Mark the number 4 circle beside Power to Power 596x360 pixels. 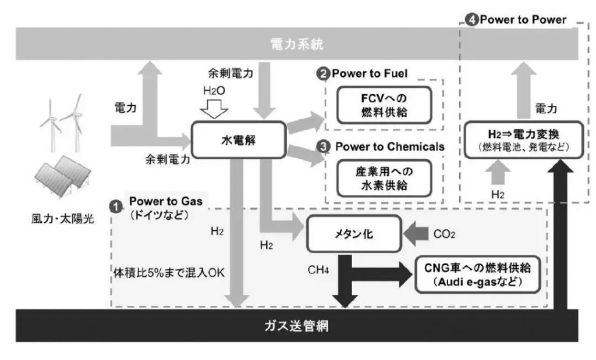[471, 20]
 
